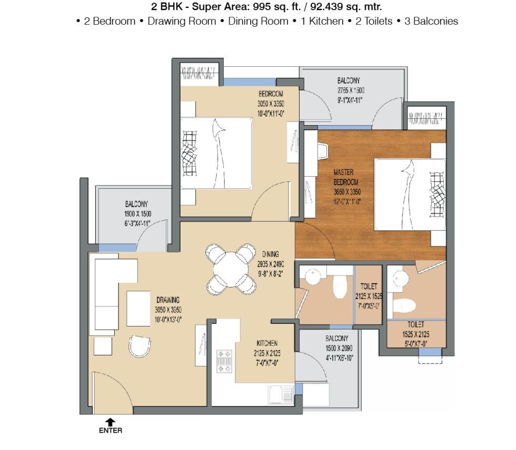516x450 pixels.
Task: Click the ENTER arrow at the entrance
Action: (x=111, y=422)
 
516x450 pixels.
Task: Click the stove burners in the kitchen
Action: (x=224, y=362)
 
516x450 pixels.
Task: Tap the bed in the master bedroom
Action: (x=409, y=195)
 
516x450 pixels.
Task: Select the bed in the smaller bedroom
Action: (x=216, y=153)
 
